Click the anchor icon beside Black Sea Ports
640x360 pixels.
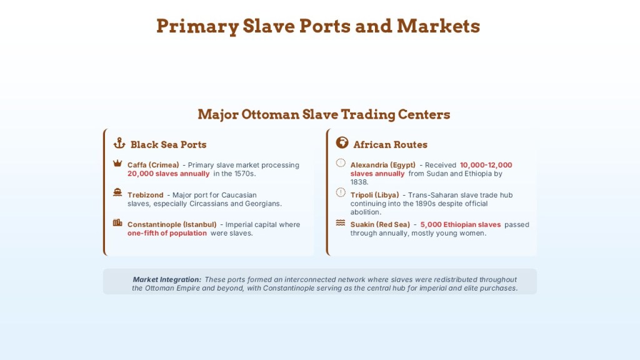tap(119, 143)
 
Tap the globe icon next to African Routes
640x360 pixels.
tap(342, 142)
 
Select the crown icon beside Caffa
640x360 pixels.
tap(117, 163)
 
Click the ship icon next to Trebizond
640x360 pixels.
tap(117, 192)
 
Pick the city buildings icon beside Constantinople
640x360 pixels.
tap(117, 222)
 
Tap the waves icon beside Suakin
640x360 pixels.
tap(341, 223)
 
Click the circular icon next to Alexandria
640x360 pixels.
tap(341, 163)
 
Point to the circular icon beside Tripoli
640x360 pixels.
tap(341, 192)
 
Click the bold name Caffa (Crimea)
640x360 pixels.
tap(153, 165)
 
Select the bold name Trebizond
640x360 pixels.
tap(145, 195)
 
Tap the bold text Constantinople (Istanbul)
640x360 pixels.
tap(172, 225)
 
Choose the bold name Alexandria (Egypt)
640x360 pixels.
tap(383, 165)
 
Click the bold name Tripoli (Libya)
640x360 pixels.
tap(375, 195)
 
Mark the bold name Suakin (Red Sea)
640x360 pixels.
tap(380, 225)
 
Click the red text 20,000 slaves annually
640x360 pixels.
tap(168, 174)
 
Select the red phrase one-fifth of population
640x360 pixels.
tap(167, 234)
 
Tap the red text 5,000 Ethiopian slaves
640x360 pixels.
tap(461, 225)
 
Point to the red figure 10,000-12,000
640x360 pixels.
tap(486, 165)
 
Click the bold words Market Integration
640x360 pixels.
tap(167, 279)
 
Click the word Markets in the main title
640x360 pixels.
tap(438, 26)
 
